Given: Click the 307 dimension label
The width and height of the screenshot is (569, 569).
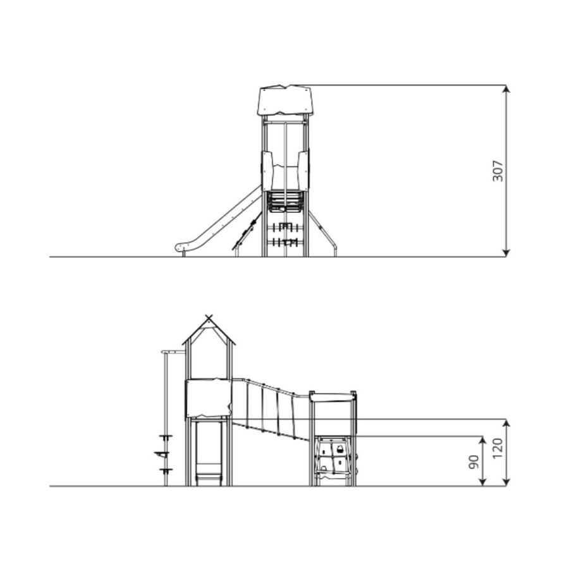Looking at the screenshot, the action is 498,171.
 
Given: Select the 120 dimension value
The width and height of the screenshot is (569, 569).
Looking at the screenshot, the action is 498,448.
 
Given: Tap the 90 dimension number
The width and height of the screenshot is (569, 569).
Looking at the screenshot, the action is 474,462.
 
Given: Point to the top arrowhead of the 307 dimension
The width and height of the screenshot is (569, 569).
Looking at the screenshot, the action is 506,89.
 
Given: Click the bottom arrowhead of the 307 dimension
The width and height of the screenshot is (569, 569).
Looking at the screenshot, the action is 506,253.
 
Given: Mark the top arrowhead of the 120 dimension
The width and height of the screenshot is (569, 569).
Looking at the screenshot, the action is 507,423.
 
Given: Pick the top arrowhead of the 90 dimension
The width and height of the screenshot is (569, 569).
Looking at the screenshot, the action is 482,440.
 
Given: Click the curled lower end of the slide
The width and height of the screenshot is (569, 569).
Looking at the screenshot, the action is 180,247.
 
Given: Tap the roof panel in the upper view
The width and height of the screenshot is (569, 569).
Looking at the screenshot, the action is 285,100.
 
